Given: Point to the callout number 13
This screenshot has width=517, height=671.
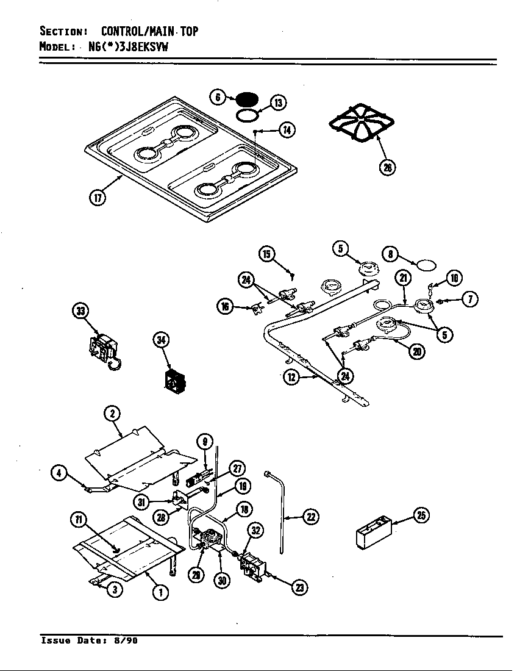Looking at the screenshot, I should pyautogui.click(x=277, y=102).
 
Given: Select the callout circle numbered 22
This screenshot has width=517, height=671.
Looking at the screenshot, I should pyautogui.click(x=311, y=517).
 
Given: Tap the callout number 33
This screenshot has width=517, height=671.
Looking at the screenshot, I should pyautogui.click(x=80, y=312).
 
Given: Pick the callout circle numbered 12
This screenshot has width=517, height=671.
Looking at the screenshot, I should pyautogui.click(x=293, y=377).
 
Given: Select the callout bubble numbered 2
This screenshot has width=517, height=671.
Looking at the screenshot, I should pyautogui.click(x=112, y=414).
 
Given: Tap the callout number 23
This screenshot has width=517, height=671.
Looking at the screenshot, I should pyautogui.click(x=299, y=587).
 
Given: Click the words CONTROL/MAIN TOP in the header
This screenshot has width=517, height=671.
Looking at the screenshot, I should pyautogui.click(x=149, y=31).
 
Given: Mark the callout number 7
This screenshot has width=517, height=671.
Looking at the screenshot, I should pyautogui.click(x=469, y=299).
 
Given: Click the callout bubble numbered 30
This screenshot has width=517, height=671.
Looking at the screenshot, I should pyautogui.click(x=222, y=581).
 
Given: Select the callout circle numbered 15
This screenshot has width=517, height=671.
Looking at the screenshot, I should pyautogui.click(x=266, y=253).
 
